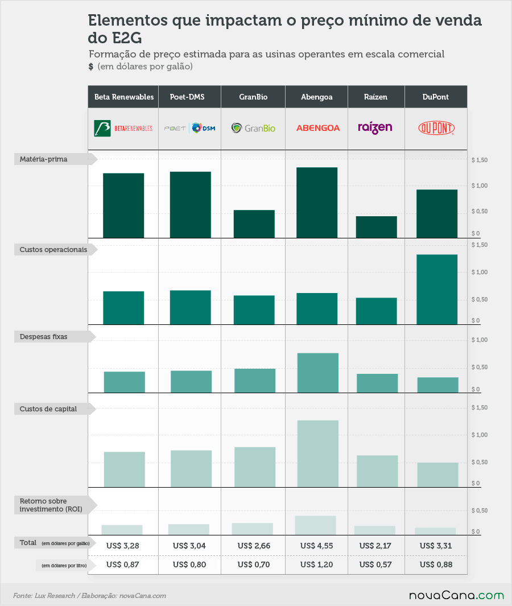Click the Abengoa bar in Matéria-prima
point(317,203)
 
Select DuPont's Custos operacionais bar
point(437,290)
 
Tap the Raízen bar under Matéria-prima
point(377,227)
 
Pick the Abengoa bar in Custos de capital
point(318,454)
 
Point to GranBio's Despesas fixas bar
point(255,381)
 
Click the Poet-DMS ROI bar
point(188,530)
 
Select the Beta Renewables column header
point(123,97)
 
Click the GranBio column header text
point(253,97)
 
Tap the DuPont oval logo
point(436,128)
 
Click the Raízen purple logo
point(375,127)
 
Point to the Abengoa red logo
point(318,128)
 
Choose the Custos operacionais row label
point(53,250)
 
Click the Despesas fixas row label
point(43,337)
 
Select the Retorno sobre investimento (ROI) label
point(51,505)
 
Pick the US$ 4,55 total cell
point(316,546)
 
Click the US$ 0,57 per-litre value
point(375,564)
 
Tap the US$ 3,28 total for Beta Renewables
point(122,546)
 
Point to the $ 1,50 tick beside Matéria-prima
point(479,160)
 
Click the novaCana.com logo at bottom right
point(456,596)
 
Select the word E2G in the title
point(127,38)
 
